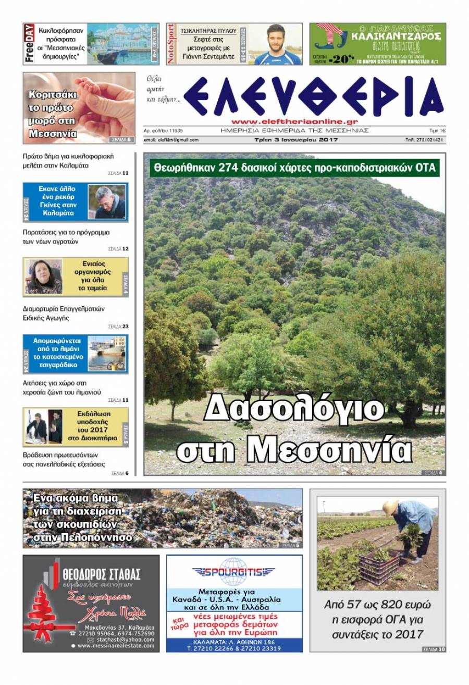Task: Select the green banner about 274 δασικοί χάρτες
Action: (x=294, y=168)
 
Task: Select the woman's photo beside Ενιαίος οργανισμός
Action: (x=44, y=277)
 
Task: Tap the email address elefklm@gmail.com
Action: (x=171, y=140)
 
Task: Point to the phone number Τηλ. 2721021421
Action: (x=425, y=140)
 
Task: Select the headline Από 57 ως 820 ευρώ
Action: (x=378, y=605)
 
